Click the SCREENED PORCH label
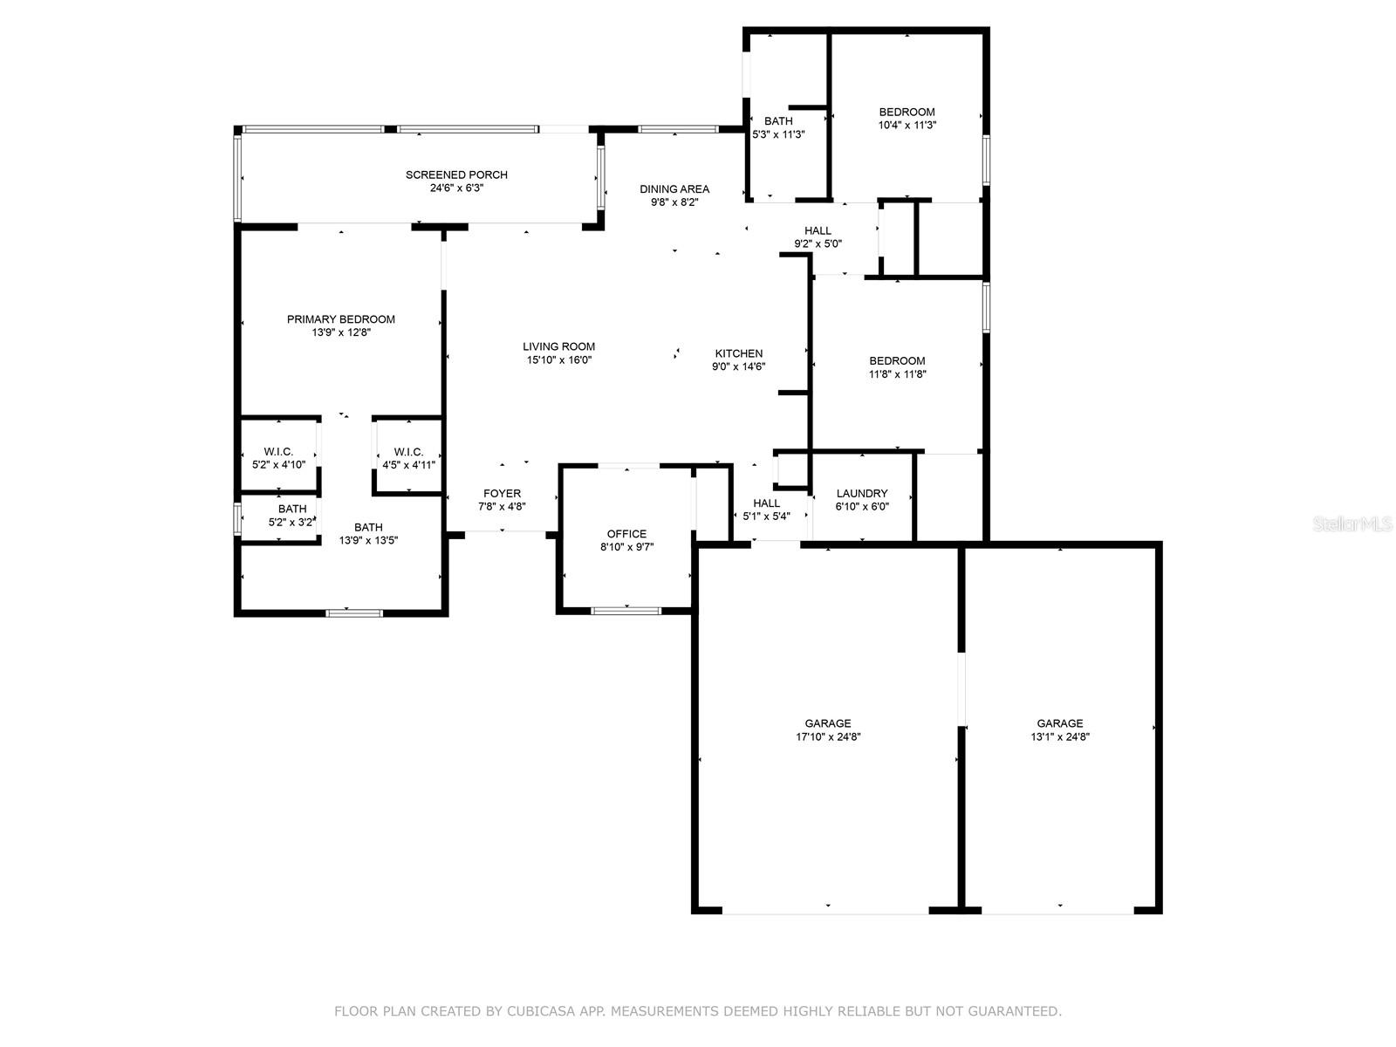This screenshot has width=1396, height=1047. (x=456, y=174)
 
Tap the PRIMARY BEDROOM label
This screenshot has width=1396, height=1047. (x=340, y=319)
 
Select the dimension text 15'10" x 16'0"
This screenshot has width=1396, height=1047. (x=558, y=359)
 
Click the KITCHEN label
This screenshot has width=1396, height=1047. (x=739, y=353)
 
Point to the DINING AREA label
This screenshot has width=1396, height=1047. (x=674, y=188)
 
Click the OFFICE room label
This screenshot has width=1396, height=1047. (x=626, y=534)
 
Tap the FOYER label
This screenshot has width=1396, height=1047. (x=502, y=493)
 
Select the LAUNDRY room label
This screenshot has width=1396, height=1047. (x=862, y=493)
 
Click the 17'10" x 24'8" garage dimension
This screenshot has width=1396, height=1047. (x=828, y=736)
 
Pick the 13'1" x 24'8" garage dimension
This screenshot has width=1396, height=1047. (x=1060, y=736)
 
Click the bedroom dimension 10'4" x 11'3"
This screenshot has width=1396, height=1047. (x=907, y=125)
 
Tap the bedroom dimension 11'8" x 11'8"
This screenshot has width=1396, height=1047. (x=897, y=374)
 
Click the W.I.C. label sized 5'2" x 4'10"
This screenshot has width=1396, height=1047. (x=278, y=451)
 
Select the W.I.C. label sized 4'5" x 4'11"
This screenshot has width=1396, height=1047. (x=408, y=451)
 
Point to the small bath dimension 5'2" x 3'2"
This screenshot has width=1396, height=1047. (x=291, y=523)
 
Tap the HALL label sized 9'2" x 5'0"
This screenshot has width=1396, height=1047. (x=818, y=230)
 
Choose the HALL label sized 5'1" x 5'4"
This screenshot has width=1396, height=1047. (x=766, y=503)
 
